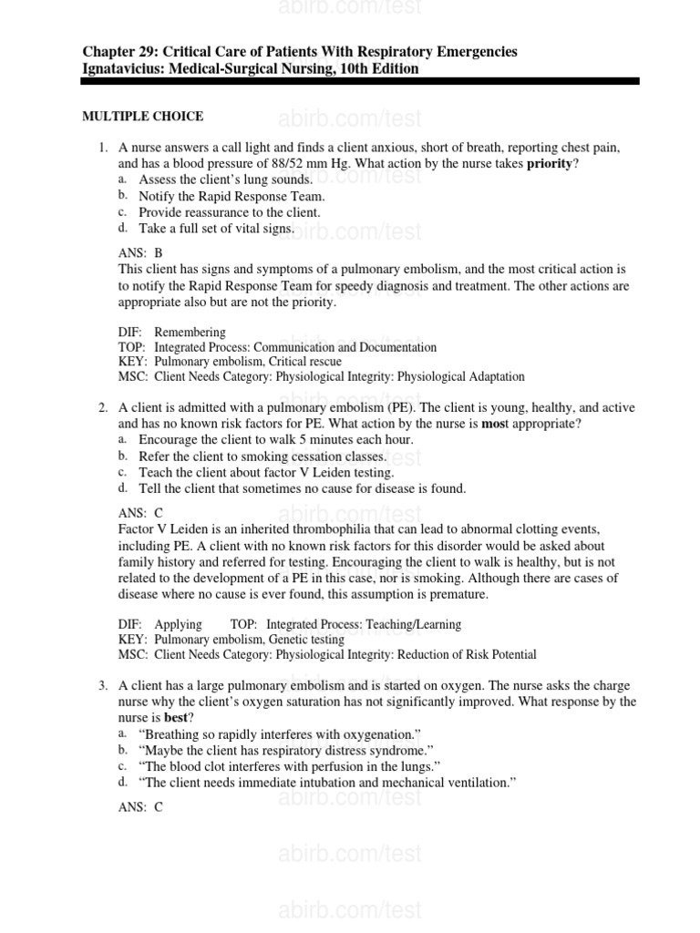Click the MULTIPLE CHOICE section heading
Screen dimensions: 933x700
143,117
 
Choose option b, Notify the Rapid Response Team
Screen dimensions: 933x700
231,196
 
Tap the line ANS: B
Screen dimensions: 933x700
140,253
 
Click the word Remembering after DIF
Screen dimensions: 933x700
190,333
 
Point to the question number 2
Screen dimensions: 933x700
103,407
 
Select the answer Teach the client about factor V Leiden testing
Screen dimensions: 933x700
266,473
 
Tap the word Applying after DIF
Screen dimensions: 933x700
178,624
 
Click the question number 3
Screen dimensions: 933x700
103,684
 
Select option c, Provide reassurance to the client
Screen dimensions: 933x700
229,212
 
